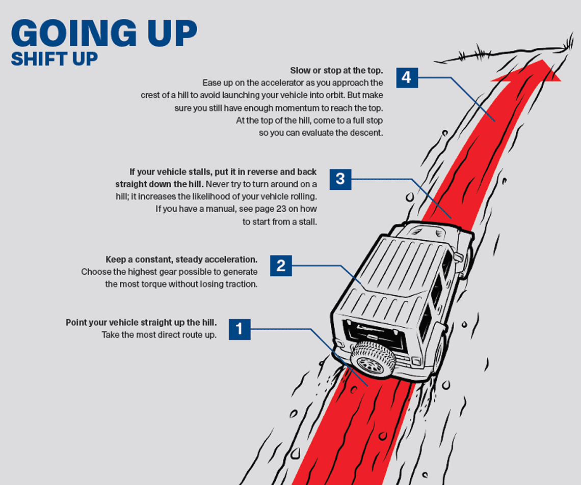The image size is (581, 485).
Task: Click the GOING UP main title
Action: (x=104, y=34)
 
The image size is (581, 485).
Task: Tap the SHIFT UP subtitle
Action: (x=54, y=59)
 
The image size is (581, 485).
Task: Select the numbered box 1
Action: (x=239, y=329)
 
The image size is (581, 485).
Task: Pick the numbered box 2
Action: (x=281, y=266)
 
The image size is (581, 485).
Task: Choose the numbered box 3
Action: (x=340, y=179)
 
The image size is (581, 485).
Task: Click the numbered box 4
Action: (x=406, y=77)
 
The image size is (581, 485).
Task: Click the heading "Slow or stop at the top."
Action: (x=336, y=70)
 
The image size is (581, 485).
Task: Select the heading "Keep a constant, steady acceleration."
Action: (x=181, y=260)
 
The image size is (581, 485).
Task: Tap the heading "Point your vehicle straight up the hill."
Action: (x=141, y=323)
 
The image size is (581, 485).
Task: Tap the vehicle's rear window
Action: (x=373, y=333)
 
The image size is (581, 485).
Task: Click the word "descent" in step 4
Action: (x=365, y=133)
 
